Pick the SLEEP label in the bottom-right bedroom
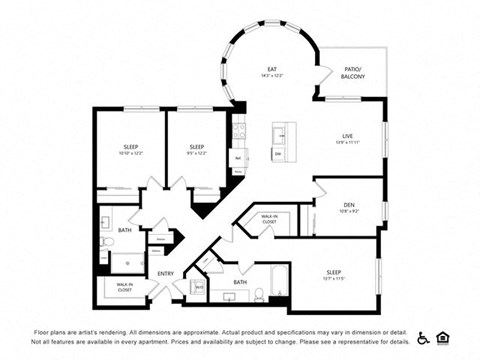334,272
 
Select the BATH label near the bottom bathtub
240,282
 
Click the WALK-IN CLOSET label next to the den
269,218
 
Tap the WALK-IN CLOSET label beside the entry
125,286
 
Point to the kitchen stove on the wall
238,130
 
